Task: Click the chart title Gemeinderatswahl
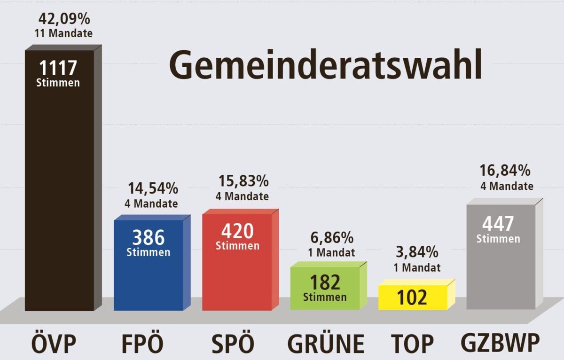tap(325, 65)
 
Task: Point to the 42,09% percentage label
tap(63, 19)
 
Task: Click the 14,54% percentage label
tap(153, 189)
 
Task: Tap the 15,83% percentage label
tap(243, 181)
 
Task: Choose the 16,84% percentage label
tap(505, 170)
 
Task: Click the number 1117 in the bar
tap(58, 69)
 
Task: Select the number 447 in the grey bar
tap(498, 224)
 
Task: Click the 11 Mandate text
tap(63, 33)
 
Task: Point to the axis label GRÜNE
tap(326, 344)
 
